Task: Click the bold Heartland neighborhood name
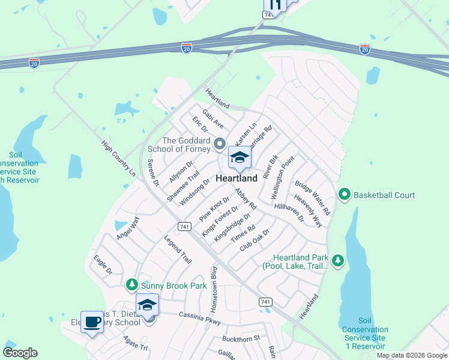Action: [237, 178]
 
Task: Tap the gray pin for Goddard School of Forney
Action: [220, 144]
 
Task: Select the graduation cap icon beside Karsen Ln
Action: [240, 158]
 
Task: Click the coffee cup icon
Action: [92, 322]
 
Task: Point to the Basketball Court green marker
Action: [345, 194]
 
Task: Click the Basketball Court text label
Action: [384, 195]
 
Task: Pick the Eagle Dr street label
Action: [103, 265]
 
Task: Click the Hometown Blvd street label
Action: [214, 288]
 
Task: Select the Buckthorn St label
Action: [241, 338]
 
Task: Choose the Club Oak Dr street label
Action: [255, 240]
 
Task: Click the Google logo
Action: [20, 353]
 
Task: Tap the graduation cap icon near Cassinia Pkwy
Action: [148, 305]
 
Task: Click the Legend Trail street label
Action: [178, 250]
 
